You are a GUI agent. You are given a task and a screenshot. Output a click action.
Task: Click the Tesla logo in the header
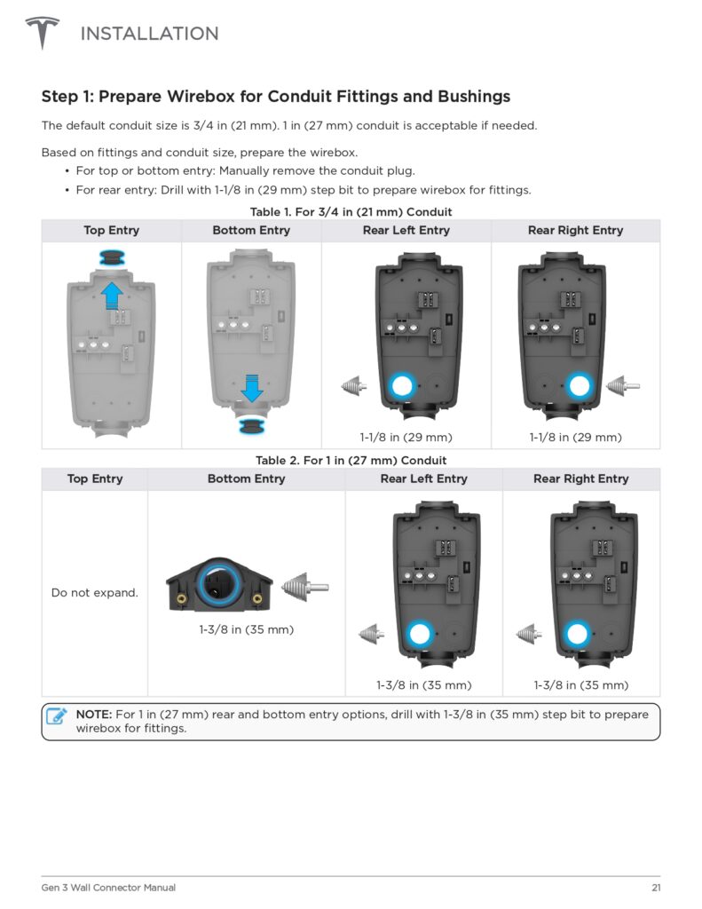click(x=42, y=34)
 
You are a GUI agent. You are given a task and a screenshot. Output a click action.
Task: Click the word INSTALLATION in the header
click(x=149, y=34)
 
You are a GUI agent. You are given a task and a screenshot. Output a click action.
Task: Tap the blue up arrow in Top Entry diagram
click(x=112, y=294)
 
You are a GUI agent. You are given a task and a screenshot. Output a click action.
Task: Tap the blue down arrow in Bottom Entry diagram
click(x=252, y=387)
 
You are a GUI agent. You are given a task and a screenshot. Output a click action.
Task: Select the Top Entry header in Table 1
click(x=111, y=230)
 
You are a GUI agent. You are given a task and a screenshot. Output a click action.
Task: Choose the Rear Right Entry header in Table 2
click(x=580, y=478)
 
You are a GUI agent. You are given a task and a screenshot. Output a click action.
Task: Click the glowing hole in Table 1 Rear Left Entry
click(x=402, y=386)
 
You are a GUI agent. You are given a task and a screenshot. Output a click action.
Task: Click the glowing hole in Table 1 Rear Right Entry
click(x=580, y=386)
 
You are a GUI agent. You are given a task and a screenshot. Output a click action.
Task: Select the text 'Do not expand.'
click(x=95, y=592)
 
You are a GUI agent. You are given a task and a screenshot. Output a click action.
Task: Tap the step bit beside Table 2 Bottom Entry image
click(x=304, y=587)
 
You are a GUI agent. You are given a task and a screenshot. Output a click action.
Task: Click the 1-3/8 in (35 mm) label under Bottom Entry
click(x=246, y=630)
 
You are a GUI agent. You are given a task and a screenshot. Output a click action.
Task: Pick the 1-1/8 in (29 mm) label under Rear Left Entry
click(x=406, y=437)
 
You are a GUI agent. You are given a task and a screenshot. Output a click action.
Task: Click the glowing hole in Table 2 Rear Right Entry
click(x=578, y=634)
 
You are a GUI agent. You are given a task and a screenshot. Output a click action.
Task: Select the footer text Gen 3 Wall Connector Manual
click(x=108, y=888)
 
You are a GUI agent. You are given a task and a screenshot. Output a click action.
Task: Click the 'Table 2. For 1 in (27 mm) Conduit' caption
click(x=351, y=461)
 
